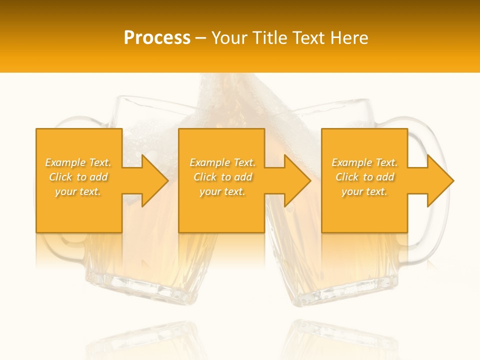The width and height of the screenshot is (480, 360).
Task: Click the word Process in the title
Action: tap(157, 37)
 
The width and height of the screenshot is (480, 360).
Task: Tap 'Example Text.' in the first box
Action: tap(78, 162)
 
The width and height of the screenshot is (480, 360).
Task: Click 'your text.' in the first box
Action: tap(78, 191)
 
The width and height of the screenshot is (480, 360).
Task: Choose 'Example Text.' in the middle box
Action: tap(222, 162)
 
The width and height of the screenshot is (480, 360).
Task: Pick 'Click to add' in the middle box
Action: tap(222, 177)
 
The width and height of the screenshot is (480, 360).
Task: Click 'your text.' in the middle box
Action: tap(222, 191)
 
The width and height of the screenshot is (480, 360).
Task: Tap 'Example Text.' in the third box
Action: tap(364, 162)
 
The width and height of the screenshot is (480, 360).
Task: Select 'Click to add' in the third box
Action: tap(364, 177)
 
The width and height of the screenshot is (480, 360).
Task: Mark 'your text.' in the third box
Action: tap(364, 191)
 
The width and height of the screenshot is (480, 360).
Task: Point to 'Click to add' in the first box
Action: tap(78, 177)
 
